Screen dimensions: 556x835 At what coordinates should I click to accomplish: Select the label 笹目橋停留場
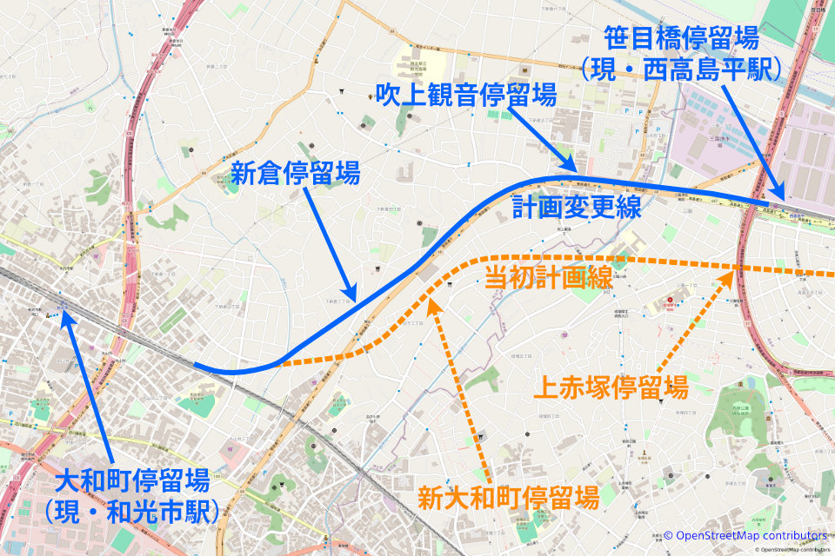point(682,38)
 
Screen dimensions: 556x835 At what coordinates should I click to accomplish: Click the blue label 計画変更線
point(577,208)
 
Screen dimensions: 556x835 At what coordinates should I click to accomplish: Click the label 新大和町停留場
point(508,498)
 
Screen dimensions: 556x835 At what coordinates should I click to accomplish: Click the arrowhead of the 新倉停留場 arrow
point(353,299)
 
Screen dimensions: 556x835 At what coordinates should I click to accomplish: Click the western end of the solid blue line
point(195,366)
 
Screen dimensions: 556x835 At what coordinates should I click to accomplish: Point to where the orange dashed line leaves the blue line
point(278,364)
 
